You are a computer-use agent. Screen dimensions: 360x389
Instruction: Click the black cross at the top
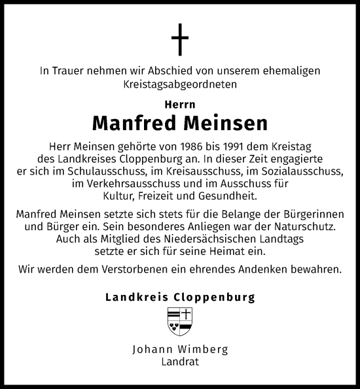[x=179, y=41]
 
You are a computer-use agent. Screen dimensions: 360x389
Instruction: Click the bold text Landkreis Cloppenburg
[x=180, y=297]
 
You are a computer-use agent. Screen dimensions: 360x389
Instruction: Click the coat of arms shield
[x=180, y=318]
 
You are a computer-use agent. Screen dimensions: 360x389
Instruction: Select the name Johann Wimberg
[x=180, y=348]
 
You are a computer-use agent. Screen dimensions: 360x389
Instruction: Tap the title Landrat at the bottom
[x=180, y=360]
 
